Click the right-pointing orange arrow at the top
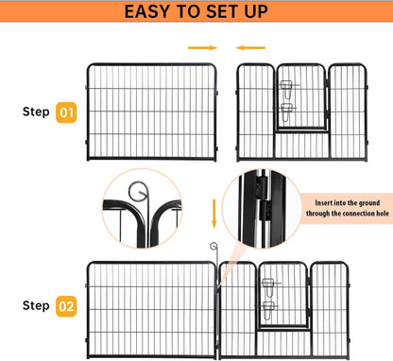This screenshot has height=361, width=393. pos(199,46)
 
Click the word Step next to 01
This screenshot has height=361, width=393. pos(36,112)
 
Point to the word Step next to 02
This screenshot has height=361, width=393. pos(36,305)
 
